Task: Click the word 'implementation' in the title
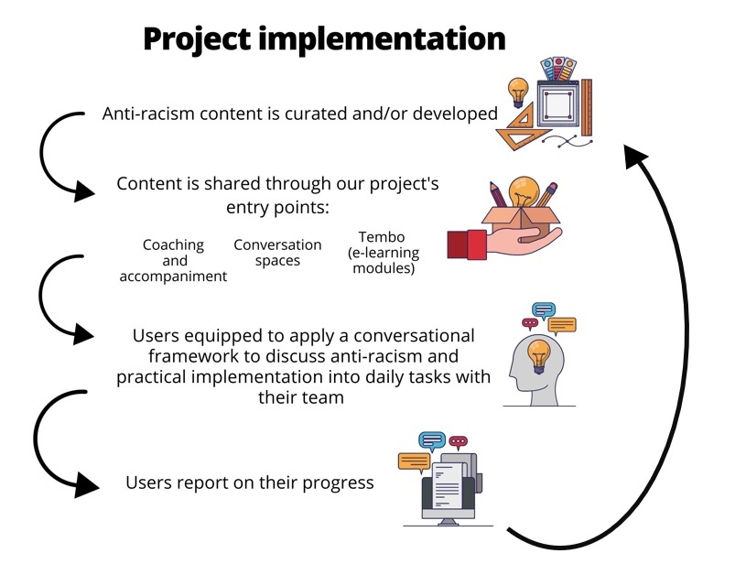[x=382, y=40]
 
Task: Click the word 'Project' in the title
[x=197, y=40]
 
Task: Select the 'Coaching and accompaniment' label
[x=173, y=260]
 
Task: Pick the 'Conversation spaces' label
[x=277, y=253]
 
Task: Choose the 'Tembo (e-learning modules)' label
[x=383, y=253]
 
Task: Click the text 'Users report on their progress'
[x=250, y=483]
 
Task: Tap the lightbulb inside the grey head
[x=538, y=355]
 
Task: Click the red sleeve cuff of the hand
[x=467, y=244]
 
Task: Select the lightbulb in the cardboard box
[x=524, y=192]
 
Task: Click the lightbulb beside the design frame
[x=518, y=92]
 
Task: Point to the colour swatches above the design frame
[x=558, y=69]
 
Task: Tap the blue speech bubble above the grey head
[x=544, y=310]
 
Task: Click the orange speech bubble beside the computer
[x=414, y=462]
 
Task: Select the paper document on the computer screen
[x=448, y=485]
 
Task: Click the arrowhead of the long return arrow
[x=634, y=155]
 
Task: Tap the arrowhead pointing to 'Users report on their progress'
[x=86, y=485]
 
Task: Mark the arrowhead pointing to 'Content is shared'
[x=83, y=191]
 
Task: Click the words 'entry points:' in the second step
[x=277, y=208]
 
